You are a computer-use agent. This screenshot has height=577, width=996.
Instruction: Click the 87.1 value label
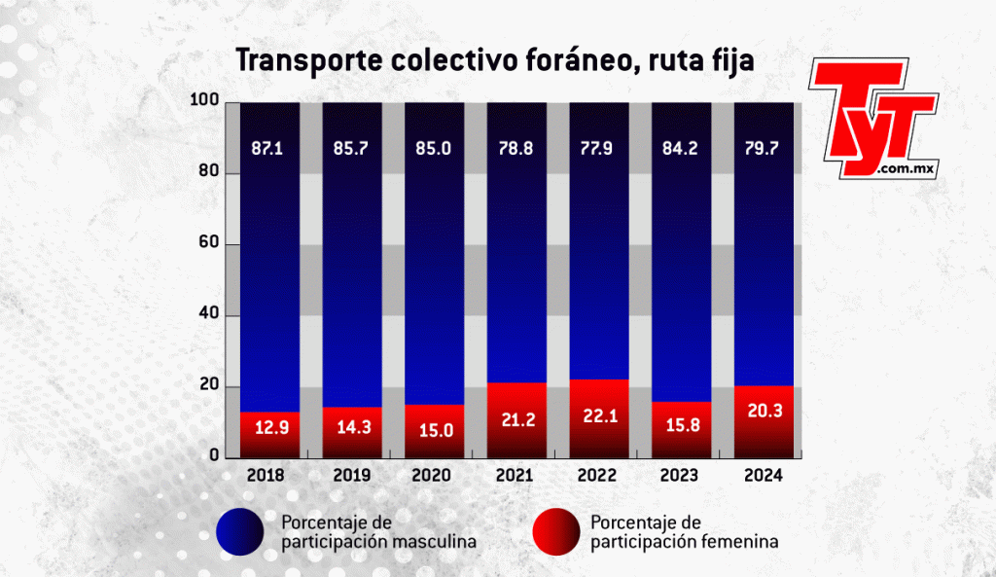pyautogui.click(x=265, y=151)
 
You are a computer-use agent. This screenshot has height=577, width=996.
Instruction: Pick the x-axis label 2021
pyautogui.click(x=514, y=476)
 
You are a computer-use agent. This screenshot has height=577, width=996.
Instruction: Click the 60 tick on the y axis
pyautogui.click(x=205, y=245)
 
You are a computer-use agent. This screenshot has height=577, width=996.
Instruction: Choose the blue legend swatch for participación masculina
pyautogui.click(x=238, y=531)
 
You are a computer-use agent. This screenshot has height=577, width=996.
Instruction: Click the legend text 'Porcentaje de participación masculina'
pyautogui.click(x=377, y=531)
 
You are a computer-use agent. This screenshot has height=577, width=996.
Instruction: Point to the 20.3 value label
pyautogui.click(x=764, y=411)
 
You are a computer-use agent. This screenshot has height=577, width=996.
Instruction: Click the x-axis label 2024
pyautogui.click(x=764, y=476)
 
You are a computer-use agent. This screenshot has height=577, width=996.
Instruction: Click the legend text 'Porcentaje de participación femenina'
pyautogui.click(x=684, y=531)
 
